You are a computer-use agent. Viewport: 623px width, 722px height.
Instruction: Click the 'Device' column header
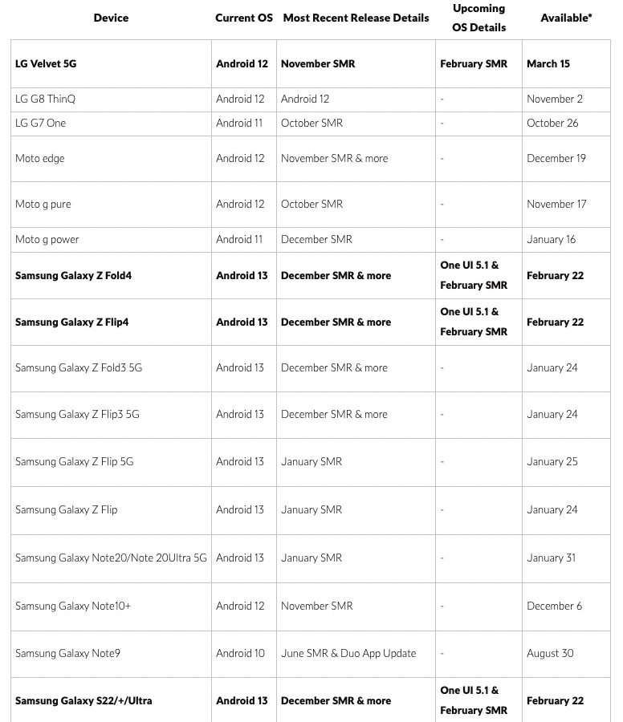pos(111,18)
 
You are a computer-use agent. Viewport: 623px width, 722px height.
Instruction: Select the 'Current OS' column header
pos(244,18)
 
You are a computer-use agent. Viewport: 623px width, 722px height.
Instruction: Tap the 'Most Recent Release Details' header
pos(356,18)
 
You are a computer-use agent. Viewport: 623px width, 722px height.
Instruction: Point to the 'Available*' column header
pos(566,18)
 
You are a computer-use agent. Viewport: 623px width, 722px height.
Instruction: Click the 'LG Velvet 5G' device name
pos(46,64)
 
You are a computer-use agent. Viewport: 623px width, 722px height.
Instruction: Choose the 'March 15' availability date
pos(548,64)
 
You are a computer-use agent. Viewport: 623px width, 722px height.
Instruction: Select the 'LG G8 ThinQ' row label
pos(45,99)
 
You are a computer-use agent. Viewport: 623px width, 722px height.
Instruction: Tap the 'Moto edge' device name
pos(40,159)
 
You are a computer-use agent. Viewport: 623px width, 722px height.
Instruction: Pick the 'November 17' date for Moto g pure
pos(556,205)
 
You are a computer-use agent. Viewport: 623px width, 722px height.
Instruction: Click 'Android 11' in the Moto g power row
pos(239,240)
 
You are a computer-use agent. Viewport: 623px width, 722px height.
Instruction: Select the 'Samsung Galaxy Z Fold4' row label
pos(73,276)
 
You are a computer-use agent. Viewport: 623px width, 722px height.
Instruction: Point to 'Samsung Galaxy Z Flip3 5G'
pos(77,415)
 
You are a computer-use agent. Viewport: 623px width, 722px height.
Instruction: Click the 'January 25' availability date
pos(552,462)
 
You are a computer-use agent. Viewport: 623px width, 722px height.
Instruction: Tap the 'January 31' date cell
pos(552,558)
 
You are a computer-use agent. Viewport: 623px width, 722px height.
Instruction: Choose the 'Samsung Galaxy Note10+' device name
pos(73,606)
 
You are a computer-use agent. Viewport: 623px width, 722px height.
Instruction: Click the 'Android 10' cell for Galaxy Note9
pos(240,654)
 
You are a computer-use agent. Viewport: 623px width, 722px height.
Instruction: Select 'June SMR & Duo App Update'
pos(348,654)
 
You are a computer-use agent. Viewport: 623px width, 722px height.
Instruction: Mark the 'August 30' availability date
pos(550,654)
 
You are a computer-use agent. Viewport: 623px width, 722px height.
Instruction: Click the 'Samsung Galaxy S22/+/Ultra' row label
pos(83,701)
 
